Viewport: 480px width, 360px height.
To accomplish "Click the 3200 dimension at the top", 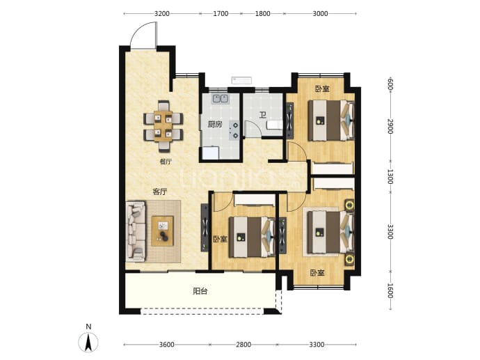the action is point(162,13).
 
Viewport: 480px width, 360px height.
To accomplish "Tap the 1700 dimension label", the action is point(221,13).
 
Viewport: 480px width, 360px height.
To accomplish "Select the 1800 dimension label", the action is point(263,13).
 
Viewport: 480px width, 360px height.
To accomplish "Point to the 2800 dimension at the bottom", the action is point(243,345).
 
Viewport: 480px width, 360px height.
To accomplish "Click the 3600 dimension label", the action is point(167,345).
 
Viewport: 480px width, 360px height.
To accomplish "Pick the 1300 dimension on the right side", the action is point(390,176).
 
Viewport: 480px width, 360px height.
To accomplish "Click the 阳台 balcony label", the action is point(200,291).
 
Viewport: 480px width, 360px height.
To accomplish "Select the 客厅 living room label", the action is point(160,192).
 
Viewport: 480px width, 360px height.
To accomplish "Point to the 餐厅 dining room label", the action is point(166,162).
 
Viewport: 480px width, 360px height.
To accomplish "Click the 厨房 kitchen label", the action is point(215,124).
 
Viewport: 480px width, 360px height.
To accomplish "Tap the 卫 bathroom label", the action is point(263,115).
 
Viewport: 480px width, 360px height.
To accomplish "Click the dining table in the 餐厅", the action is point(163,126).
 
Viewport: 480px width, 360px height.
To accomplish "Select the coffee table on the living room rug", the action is point(163,231).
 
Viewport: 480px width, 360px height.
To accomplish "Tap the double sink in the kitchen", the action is point(221,98).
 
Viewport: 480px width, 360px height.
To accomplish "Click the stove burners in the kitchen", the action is point(235,130).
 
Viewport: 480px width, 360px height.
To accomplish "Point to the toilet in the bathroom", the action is point(274,125).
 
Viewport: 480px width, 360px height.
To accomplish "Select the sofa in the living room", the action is point(136,231).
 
